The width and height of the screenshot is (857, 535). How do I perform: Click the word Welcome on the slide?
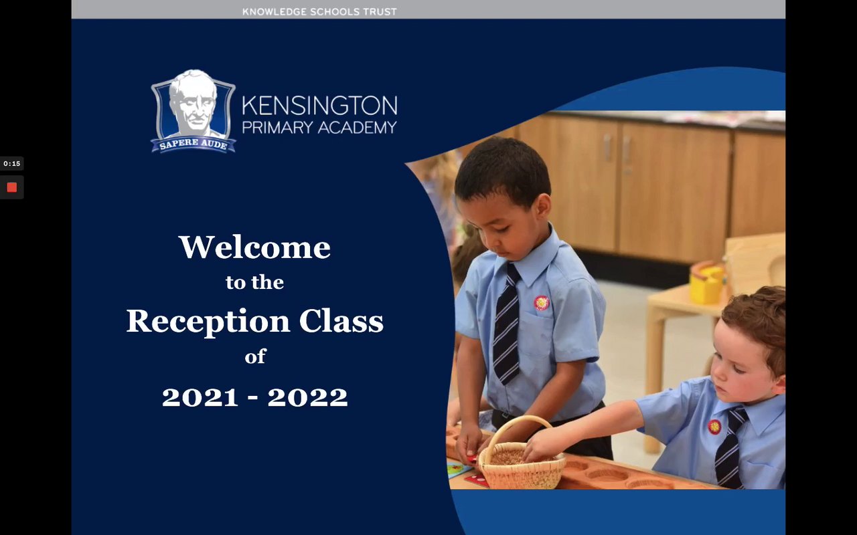coord(254,247)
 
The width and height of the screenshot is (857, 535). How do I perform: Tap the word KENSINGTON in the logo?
coord(319,106)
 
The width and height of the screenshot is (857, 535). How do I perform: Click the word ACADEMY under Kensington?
coord(357,128)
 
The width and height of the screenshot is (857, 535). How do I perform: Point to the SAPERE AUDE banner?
coord(193,144)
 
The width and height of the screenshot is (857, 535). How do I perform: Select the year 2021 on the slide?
coord(200,397)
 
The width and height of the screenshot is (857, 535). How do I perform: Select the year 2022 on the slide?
coord(307,397)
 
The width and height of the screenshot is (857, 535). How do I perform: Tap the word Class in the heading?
coord(341,321)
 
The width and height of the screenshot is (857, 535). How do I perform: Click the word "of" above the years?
coord(255,356)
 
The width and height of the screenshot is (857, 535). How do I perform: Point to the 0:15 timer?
coord(12,164)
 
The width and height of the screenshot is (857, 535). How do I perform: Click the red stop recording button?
coord(12,187)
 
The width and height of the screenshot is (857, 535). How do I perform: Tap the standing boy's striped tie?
coord(507,325)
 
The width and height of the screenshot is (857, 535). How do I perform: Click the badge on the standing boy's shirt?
coord(542,303)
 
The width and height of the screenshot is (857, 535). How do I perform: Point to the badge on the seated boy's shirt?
coord(714,427)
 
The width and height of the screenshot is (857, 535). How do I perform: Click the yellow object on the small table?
coord(707,283)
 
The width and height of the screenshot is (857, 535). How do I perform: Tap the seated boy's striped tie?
coord(730,447)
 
